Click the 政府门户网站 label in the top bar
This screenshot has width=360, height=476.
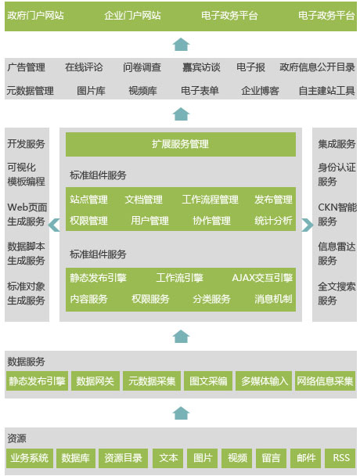coord(35,16)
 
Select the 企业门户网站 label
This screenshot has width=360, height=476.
coord(132,16)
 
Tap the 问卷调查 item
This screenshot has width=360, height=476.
coord(142,67)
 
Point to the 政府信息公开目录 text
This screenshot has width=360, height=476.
coord(317,67)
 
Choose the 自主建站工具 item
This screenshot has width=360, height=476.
coord(326,91)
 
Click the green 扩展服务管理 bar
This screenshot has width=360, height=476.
coord(181,144)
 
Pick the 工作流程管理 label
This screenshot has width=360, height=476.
coord(210,200)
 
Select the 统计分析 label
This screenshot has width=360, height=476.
coord(273,221)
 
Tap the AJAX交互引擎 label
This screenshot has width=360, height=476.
coord(262,278)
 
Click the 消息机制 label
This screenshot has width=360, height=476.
coord(273,299)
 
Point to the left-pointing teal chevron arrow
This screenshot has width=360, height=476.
coord(54,225)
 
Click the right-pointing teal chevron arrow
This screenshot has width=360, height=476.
coord(308,225)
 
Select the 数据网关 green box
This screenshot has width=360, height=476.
coord(95,380)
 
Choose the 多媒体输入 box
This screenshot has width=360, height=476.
coord(264,380)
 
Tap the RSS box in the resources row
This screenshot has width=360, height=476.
coord(340,458)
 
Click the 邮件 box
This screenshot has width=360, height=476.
coord(306,458)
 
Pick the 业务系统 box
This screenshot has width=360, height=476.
coord(30,458)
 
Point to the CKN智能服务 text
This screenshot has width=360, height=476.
coord(337,215)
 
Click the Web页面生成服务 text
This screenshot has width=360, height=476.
coord(27,215)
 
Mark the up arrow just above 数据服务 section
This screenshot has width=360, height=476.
coord(181,337)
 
